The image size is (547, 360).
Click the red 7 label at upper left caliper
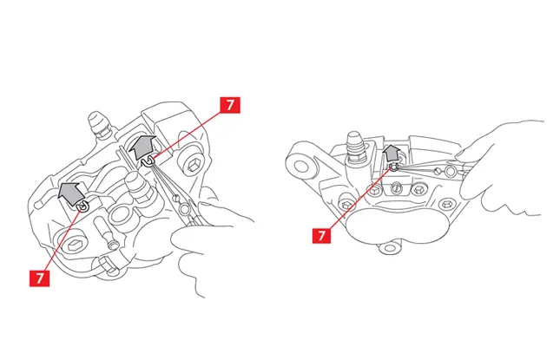[229, 106]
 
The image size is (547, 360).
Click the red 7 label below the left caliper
[38, 278]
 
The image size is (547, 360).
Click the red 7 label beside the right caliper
[323, 234]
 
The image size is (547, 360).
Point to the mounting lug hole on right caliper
[301, 163]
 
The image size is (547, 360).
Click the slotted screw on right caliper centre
[396, 187]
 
